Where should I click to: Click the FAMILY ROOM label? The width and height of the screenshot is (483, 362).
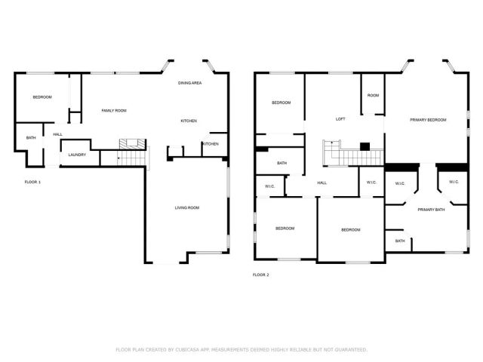(114, 111)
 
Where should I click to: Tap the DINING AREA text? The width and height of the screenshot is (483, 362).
(189, 82)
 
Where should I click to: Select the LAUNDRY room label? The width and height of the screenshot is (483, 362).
(77, 155)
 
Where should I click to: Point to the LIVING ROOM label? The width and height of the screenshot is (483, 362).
(187, 207)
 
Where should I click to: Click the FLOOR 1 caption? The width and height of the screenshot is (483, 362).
(32, 183)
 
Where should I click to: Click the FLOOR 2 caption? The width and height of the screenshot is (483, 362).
(260, 275)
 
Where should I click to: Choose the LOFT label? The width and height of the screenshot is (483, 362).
(340, 119)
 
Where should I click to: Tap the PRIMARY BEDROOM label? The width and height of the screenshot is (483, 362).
(428, 120)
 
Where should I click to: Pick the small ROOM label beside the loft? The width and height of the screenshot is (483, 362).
(373, 96)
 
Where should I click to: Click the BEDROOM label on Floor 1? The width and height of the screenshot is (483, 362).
(42, 97)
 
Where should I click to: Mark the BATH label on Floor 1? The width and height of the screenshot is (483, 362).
(31, 137)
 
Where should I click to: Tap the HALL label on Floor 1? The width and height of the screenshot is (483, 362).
(57, 134)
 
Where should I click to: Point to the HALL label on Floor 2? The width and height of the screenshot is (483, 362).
(321, 183)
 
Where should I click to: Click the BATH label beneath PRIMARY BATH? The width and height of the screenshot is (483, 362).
(400, 241)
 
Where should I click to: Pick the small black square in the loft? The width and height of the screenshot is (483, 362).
(365, 146)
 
